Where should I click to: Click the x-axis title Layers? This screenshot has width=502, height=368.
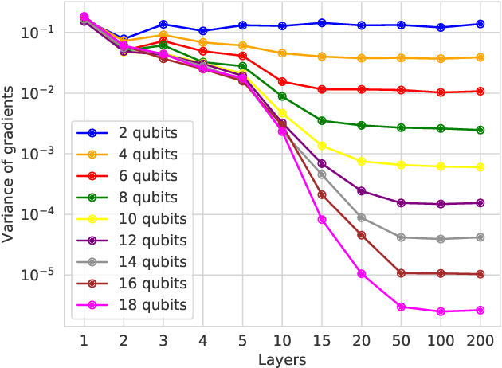tap(282, 359)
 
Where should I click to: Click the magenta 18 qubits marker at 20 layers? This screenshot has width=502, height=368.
tap(362, 274)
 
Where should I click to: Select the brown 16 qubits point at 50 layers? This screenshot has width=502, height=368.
tap(402, 273)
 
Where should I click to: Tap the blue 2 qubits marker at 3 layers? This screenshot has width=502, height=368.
tap(163, 25)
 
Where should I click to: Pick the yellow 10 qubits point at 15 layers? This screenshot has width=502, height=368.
tap(322, 146)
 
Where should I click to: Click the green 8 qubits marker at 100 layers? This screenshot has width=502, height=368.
tap(441, 128)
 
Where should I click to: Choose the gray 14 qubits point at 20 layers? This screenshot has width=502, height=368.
tap(362, 217)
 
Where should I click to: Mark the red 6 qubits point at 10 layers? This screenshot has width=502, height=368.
tap(282, 81)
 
